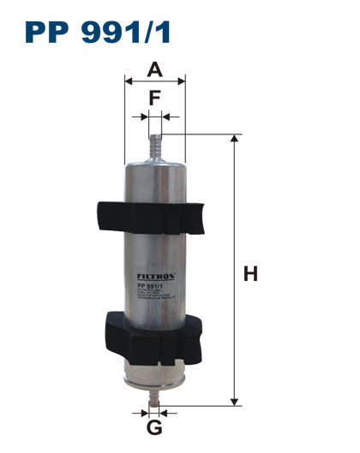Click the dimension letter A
(154, 69)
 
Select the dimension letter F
(154, 98)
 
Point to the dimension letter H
(250, 274)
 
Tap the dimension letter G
(154, 427)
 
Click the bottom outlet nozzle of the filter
(154, 396)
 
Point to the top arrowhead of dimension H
(234, 139)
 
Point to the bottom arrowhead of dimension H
(234, 400)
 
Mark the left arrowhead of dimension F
(145, 116)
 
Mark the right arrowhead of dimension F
(165, 116)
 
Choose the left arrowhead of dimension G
(146, 410)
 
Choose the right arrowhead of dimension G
(163, 410)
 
